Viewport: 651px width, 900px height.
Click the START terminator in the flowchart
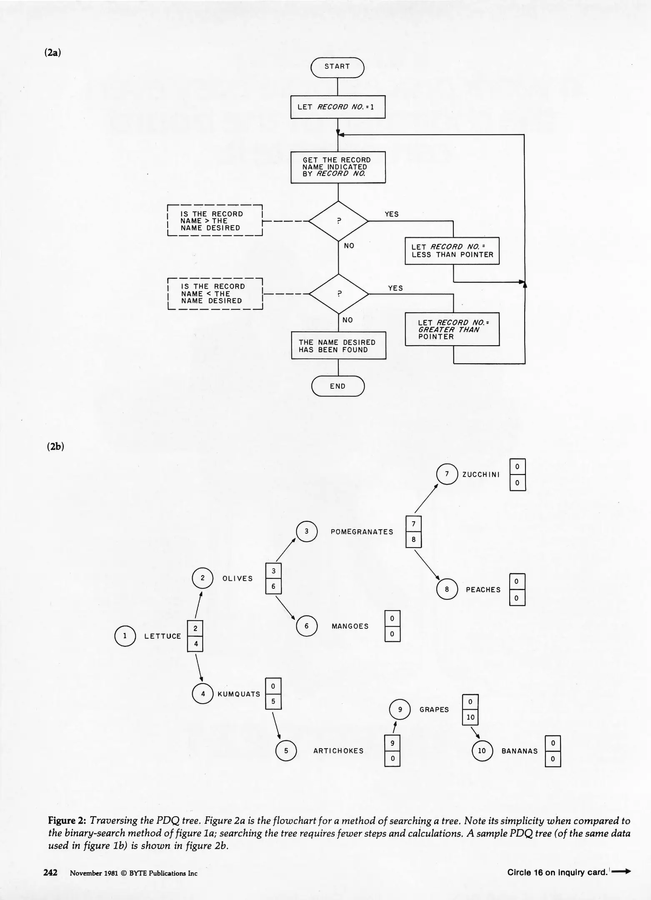[337, 67]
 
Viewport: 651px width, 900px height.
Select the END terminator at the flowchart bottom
[338, 386]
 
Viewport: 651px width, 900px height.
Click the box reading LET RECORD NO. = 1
[338, 107]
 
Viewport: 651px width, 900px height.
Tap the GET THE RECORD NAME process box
[338, 167]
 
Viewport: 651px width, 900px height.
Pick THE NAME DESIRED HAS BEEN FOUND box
[338, 346]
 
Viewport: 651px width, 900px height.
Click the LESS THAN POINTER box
[452, 251]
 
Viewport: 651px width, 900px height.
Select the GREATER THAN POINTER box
[452, 330]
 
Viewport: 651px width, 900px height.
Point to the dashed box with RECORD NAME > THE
[215, 221]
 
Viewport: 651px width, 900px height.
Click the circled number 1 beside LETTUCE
[125, 636]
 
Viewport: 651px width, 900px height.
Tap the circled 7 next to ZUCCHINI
[447, 474]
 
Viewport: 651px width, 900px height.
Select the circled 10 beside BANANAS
[482, 751]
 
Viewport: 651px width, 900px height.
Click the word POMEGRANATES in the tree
[362, 532]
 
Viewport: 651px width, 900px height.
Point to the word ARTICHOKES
[338, 751]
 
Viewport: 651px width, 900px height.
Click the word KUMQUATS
[239, 694]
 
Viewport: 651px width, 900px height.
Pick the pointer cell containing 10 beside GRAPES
[471, 717]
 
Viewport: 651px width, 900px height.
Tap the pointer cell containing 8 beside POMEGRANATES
[413, 540]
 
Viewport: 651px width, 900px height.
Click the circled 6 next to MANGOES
[306, 626]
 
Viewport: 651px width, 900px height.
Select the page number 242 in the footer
[50, 872]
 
